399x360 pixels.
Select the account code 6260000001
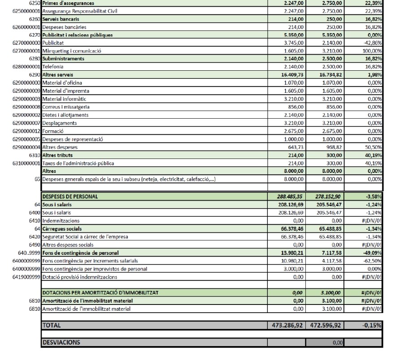[x=21, y=27]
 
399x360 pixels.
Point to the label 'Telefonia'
[x=53, y=67]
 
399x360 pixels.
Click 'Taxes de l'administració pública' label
[x=78, y=163]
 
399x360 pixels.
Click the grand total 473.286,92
[x=287, y=325]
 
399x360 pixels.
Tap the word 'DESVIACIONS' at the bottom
[x=61, y=342]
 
